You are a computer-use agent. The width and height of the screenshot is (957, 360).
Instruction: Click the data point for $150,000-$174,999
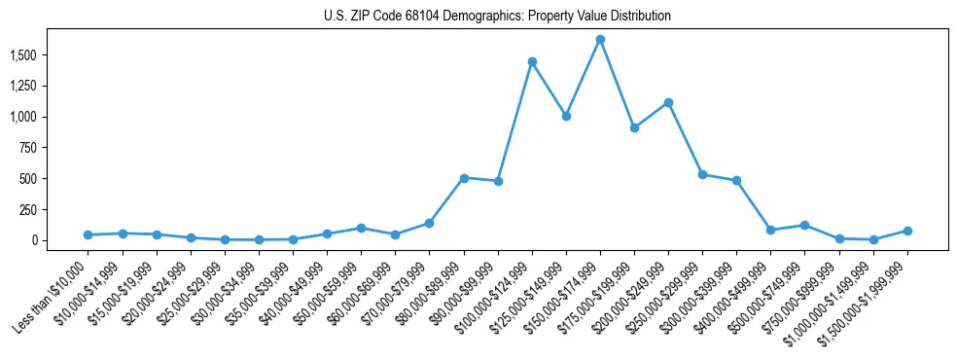pos(600,40)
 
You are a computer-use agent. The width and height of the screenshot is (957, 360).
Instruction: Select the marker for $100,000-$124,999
pos(532,61)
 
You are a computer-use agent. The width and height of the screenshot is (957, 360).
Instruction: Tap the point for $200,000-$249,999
pos(668,102)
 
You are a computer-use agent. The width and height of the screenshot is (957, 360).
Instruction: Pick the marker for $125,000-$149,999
pos(566,116)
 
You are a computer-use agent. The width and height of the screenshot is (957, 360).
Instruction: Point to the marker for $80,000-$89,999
pos(464,178)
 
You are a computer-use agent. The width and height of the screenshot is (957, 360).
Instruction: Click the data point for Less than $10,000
pos(89,234)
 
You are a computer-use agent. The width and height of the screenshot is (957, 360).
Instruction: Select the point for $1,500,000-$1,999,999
pos(907,231)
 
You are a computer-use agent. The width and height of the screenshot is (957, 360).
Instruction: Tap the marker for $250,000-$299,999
pos(702,174)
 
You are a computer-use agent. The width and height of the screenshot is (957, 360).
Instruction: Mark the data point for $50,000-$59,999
pos(361,228)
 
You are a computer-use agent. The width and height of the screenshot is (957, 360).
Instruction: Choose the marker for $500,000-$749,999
pos(804,225)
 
